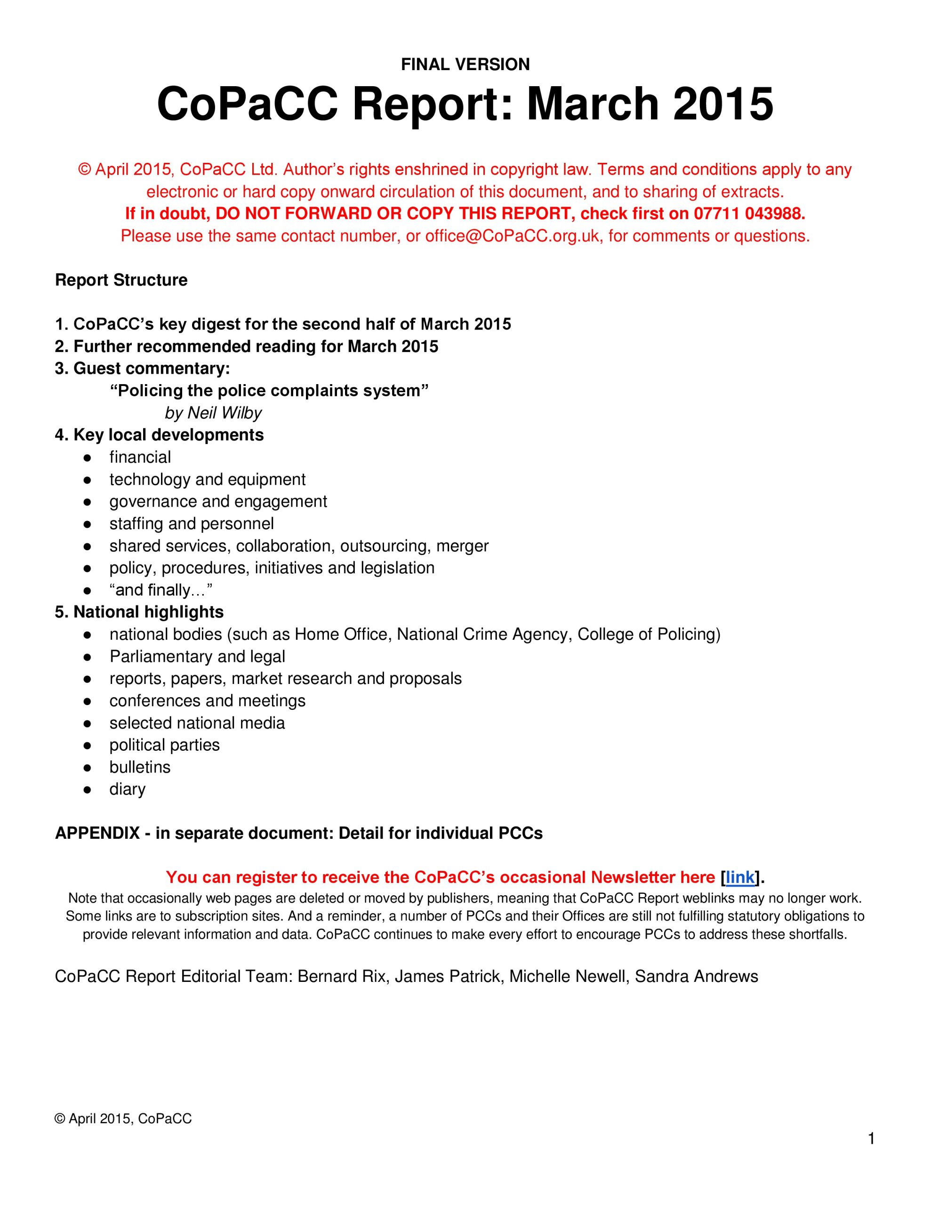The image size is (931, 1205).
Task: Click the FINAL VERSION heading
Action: [465, 64]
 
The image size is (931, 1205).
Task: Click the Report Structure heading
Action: [121, 280]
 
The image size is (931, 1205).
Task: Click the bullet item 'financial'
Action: [140, 457]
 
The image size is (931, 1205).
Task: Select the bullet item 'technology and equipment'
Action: [207, 480]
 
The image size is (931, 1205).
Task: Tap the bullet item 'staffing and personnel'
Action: [192, 523]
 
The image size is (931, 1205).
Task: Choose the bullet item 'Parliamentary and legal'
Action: [197, 657]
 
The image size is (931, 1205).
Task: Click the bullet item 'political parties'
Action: [164, 745]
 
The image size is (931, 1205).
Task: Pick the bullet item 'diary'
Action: [128, 789]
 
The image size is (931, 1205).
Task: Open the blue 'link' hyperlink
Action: [739, 877]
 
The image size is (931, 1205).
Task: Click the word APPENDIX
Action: [97, 833]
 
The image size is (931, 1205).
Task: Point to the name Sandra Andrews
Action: [696, 977]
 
